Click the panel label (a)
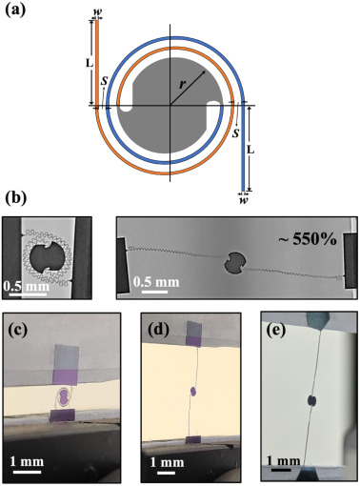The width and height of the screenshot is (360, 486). tap(15, 9)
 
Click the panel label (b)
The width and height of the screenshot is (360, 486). tap(16, 198)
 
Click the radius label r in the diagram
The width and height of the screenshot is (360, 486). tap(182, 85)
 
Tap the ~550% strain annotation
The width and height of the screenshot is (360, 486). tap(308, 239)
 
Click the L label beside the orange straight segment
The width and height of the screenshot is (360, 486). tap(90, 64)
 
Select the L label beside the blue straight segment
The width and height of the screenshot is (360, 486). tap(250, 150)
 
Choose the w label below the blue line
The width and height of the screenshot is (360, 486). tap(244, 201)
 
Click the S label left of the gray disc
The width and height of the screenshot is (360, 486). tap(104, 81)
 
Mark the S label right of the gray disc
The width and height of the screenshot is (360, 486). tap(235, 133)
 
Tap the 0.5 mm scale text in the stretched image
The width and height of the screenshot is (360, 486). tap(156, 282)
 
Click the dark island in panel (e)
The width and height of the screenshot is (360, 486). tap(312, 401)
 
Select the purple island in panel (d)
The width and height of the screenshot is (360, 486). tap(193, 392)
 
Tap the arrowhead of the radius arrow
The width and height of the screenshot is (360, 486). tap(203, 73)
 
